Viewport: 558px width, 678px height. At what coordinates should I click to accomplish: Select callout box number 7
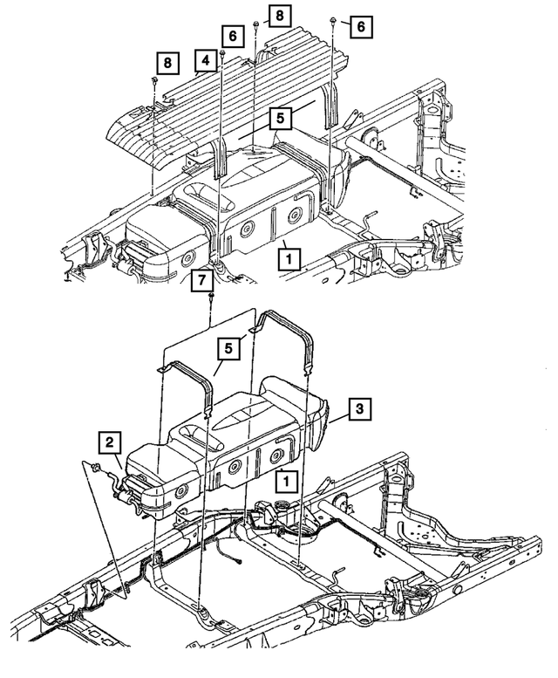click(x=202, y=281)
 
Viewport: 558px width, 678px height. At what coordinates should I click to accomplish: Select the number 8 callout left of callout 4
click(x=165, y=62)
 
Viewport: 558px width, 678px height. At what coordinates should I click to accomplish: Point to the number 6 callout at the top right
click(x=359, y=26)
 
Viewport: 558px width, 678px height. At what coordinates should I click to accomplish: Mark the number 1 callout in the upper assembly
click(x=288, y=258)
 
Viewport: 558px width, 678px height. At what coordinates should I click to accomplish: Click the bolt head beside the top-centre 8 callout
click(x=255, y=21)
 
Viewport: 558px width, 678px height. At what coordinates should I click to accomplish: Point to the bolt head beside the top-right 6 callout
click(x=335, y=20)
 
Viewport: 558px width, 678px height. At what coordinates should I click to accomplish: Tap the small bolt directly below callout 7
click(x=212, y=300)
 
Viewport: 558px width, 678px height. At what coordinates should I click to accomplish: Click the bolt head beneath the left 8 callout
click(x=153, y=80)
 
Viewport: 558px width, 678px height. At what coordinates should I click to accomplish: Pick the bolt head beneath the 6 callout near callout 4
click(x=222, y=54)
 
